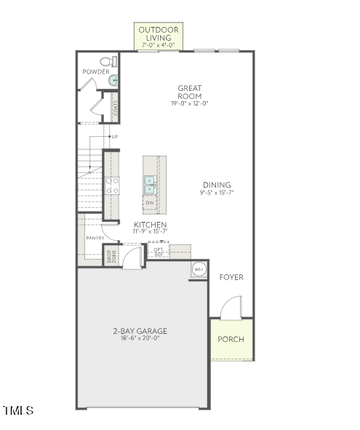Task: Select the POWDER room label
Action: (95, 72)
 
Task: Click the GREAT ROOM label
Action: (190, 92)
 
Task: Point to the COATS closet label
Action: (115, 109)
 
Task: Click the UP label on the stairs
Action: (114, 137)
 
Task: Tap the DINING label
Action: (216, 185)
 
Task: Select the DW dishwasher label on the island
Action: (150, 202)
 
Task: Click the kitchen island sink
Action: (150, 185)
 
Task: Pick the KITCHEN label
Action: (150, 225)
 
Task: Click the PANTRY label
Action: (95, 238)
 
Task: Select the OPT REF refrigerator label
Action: (158, 252)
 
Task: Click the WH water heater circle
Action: (199, 270)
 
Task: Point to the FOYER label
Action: (231, 277)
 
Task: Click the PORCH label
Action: (231, 340)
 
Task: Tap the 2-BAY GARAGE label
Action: (140, 331)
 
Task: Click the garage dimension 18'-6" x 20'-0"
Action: (140, 338)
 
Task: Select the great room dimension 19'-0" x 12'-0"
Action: (190, 104)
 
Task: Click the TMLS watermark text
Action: (18, 411)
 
